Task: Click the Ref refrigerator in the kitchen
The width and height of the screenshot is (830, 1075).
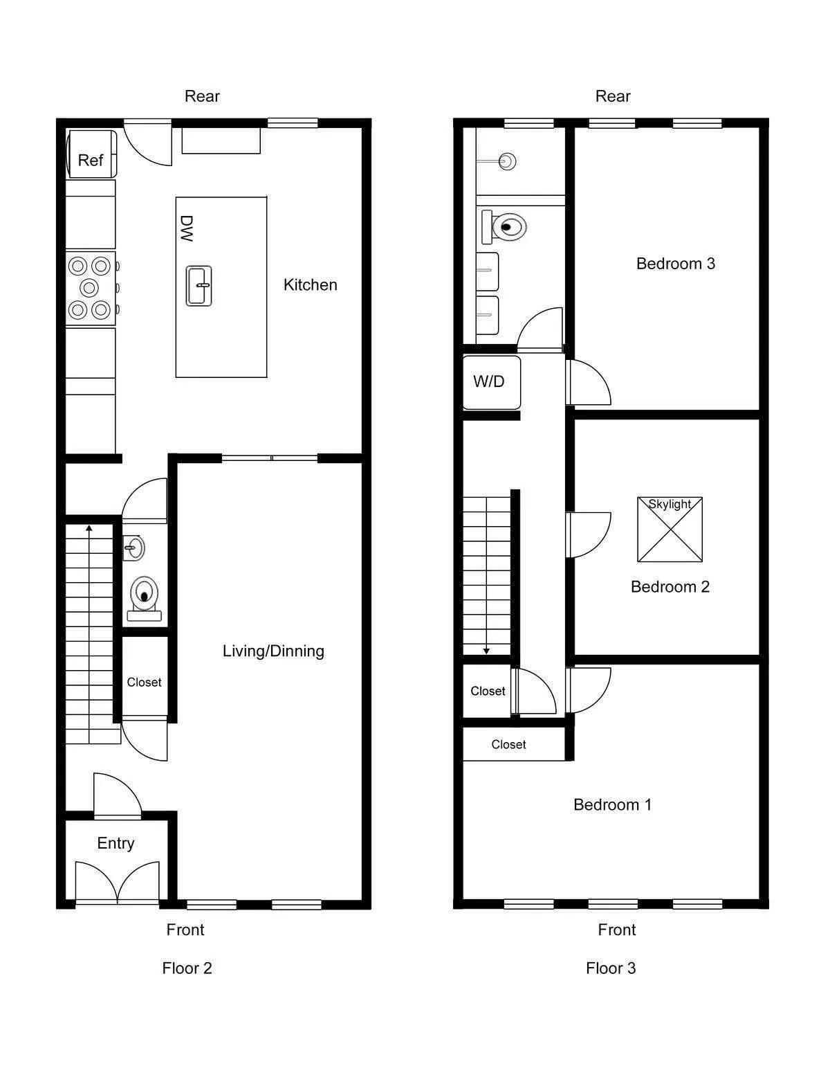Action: [91, 154]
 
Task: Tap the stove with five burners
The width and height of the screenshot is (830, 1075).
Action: [91, 288]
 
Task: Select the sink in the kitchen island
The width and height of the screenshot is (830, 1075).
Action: [199, 285]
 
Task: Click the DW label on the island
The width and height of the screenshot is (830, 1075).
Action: [186, 228]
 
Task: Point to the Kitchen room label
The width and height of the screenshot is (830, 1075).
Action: [310, 284]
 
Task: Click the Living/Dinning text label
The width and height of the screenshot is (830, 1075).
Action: [273, 651]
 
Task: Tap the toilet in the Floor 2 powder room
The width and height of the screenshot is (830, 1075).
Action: [144, 595]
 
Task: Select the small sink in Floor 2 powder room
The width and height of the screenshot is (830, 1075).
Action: [133, 548]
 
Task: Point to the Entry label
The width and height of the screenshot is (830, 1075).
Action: [116, 842]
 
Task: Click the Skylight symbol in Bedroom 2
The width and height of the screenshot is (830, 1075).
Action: [670, 530]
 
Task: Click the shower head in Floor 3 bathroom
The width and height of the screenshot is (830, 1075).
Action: [507, 162]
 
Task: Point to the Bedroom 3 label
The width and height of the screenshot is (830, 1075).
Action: [675, 263]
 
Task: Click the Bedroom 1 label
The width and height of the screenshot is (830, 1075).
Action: [612, 804]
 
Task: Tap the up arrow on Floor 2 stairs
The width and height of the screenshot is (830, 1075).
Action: [89, 529]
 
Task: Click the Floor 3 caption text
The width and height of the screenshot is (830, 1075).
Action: [610, 968]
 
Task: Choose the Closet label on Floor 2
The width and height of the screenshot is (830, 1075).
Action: [144, 682]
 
